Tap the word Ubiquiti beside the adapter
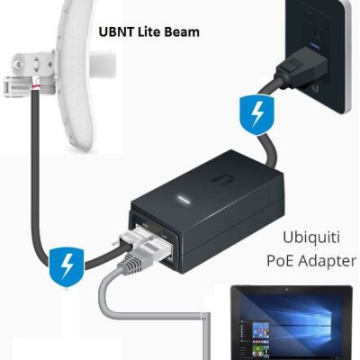[311, 238]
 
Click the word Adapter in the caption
[328, 262]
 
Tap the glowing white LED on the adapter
[183, 199]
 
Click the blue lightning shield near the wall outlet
[256, 115]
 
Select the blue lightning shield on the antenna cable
[67, 266]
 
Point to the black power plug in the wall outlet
[299, 71]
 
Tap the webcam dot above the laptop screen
[287, 290]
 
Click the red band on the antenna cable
[35, 87]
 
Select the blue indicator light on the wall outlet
[315, 46]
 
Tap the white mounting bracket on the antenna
[35, 64]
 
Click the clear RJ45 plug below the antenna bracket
[17, 87]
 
